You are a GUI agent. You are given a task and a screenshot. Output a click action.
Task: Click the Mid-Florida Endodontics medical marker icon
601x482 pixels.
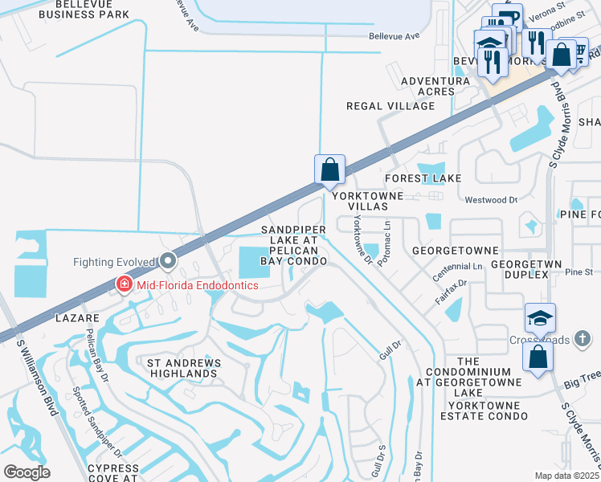[124, 284]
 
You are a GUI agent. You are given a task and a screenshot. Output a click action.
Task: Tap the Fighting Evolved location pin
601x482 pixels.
[167, 261]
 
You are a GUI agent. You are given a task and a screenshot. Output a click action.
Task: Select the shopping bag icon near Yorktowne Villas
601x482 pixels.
[329, 170]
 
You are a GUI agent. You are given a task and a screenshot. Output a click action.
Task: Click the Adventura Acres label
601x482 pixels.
[435, 86]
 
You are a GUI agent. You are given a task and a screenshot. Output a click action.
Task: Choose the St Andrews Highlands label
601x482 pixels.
[183, 368]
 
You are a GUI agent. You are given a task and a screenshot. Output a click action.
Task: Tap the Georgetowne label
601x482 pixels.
[456, 251]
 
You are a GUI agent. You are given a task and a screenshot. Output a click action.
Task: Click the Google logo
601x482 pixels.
[27, 472]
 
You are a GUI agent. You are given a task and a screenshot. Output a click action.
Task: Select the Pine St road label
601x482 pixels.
[578, 272]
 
